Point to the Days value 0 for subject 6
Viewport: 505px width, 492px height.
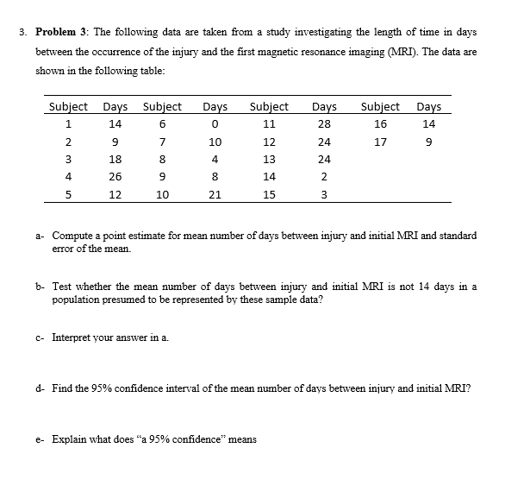point(215,124)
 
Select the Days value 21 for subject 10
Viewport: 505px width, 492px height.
point(215,195)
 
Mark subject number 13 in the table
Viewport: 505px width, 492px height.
point(269,160)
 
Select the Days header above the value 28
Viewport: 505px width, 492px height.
point(324,107)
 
